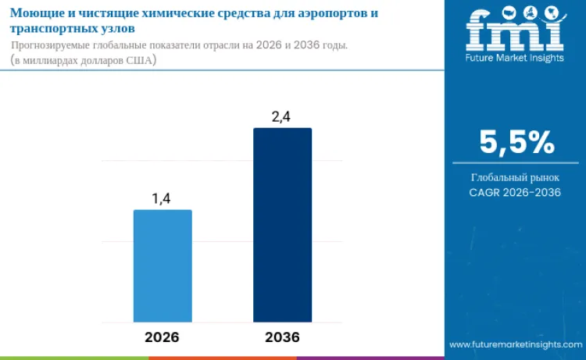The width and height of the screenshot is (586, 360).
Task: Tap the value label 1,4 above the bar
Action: point(162,198)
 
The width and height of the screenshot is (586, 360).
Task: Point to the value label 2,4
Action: point(282,117)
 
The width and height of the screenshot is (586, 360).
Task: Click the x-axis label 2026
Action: point(162,337)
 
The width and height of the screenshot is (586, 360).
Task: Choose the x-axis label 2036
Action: point(282,337)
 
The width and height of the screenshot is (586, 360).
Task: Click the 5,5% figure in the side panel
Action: point(516,143)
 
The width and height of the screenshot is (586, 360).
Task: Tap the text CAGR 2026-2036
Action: point(515,192)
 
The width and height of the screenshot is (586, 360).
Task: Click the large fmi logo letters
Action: point(515,32)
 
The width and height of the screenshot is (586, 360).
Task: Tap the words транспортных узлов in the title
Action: point(72,28)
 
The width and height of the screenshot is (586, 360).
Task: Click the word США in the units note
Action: point(143,61)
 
